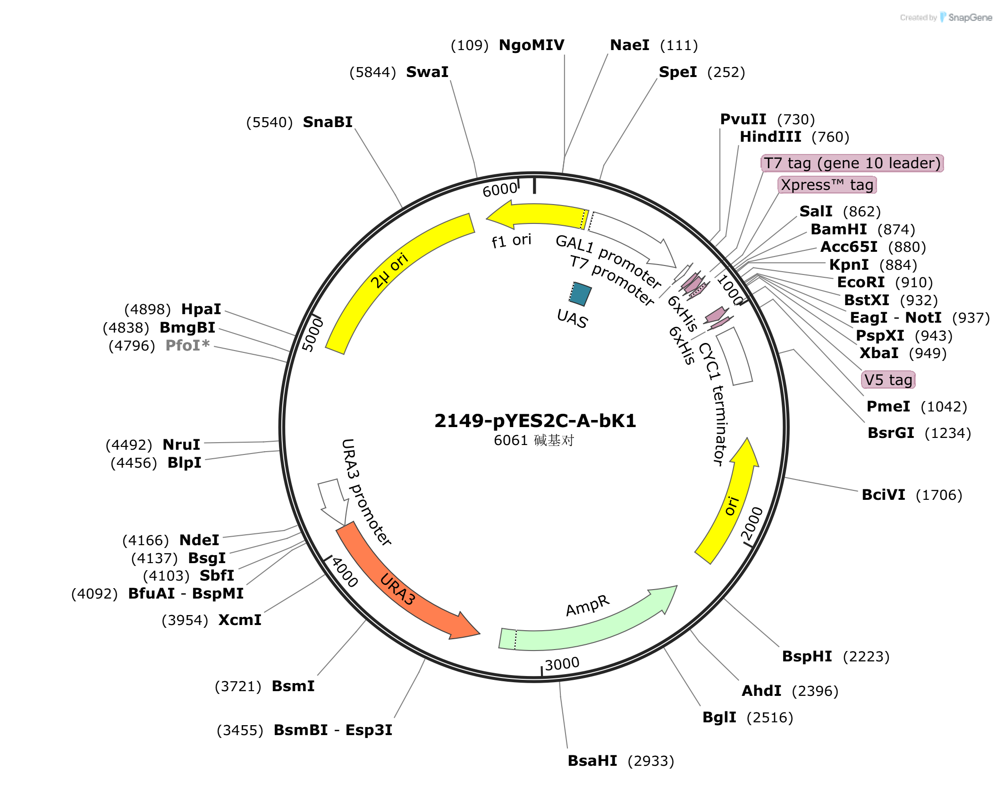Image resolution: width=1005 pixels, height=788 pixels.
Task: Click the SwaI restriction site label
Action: [x=427, y=72]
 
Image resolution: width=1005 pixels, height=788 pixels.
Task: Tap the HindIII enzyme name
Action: [x=770, y=137]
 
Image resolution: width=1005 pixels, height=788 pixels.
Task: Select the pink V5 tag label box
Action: [x=888, y=380]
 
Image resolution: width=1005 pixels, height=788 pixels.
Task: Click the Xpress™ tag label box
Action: [x=827, y=185]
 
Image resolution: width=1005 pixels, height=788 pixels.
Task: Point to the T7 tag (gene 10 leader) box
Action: [x=852, y=163]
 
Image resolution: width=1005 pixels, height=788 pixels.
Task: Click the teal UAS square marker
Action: [x=580, y=294]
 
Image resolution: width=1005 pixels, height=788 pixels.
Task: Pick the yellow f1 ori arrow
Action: [x=536, y=215]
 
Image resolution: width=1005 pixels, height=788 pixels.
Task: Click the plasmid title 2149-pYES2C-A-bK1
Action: [x=535, y=420]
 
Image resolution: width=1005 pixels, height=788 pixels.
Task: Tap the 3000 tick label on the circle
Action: [x=562, y=663]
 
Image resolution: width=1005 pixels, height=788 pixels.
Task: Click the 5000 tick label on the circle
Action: [x=312, y=334]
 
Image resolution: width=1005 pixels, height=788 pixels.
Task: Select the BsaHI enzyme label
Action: [x=592, y=761]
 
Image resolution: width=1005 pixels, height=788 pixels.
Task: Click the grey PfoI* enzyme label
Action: [x=187, y=345]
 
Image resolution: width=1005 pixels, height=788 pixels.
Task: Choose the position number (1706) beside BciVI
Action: [x=939, y=495]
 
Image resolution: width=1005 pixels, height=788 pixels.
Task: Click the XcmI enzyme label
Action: [x=240, y=620]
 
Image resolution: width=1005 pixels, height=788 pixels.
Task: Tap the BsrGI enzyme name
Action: [x=891, y=433]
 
